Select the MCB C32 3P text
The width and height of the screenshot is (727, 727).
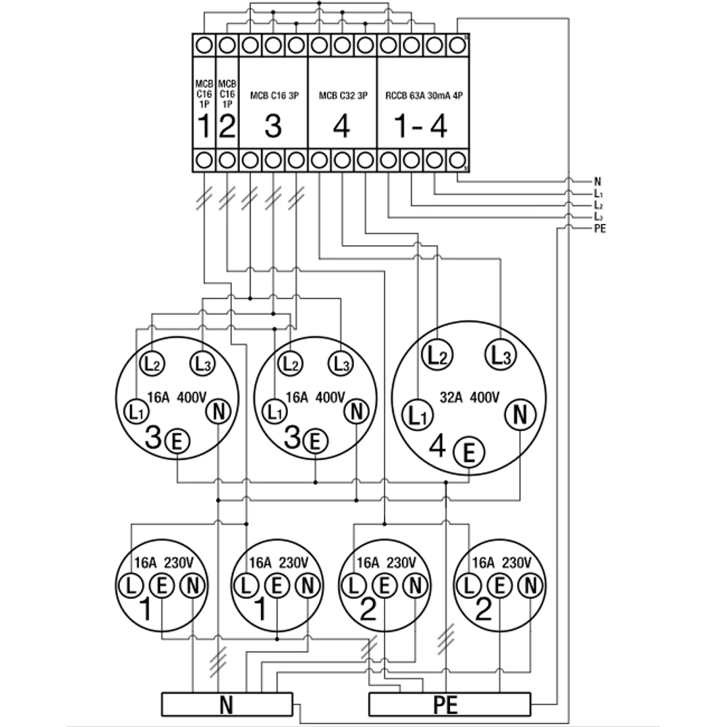tap(343, 95)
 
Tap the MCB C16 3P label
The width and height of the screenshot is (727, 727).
tap(273, 95)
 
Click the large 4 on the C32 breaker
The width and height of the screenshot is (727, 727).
tap(342, 127)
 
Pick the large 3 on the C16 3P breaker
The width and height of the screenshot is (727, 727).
tap(273, 127)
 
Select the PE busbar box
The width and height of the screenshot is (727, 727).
tap(450, 704)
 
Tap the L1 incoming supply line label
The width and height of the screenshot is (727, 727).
tap(598, 194)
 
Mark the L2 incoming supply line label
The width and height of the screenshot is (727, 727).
tap(598, 206)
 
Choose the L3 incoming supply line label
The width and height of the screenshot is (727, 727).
tap(598, 217)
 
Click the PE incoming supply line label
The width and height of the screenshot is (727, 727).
tap(600, 229)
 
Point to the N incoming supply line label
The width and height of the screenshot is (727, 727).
tap(597, 182)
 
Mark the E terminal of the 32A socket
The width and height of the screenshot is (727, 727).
tap(469, 453)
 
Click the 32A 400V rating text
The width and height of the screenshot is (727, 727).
tap(469, 398)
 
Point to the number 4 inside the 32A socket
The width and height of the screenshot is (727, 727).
tap(438, 446)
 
